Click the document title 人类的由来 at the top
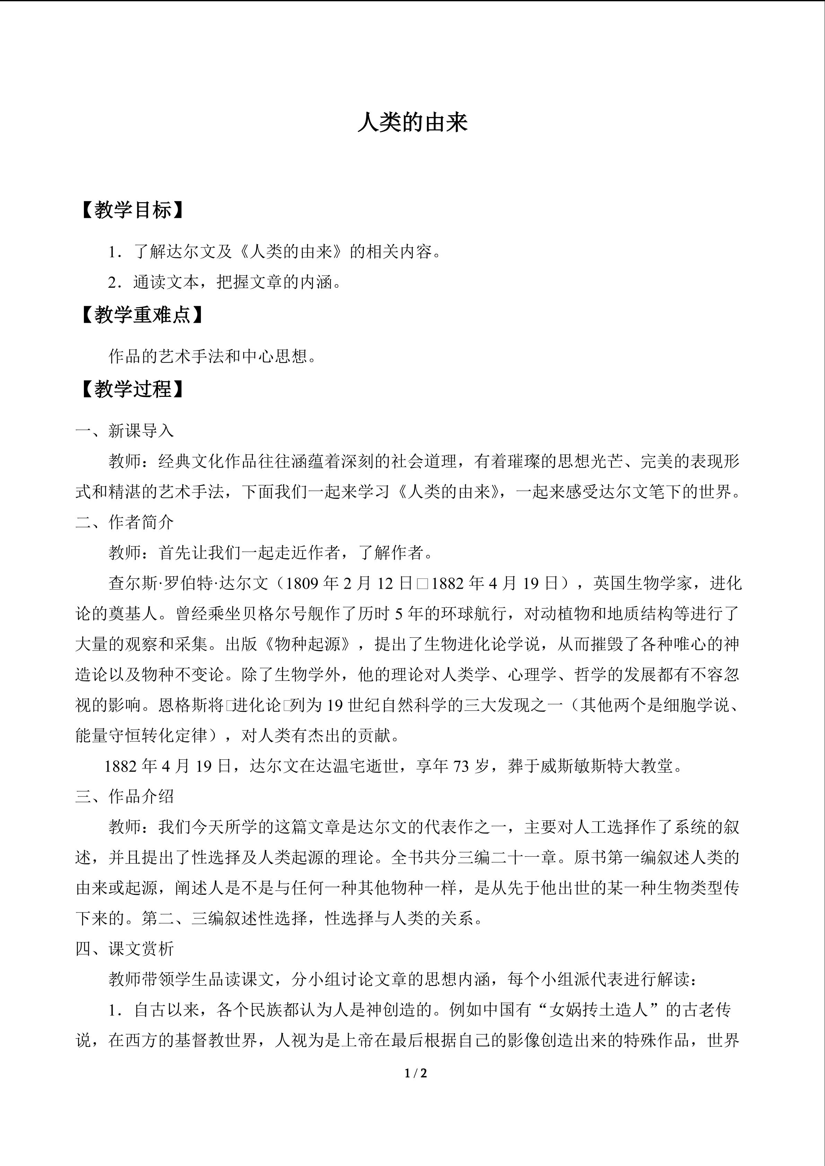412,123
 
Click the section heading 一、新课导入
124,431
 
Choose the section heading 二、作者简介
124,522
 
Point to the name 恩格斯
183,705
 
